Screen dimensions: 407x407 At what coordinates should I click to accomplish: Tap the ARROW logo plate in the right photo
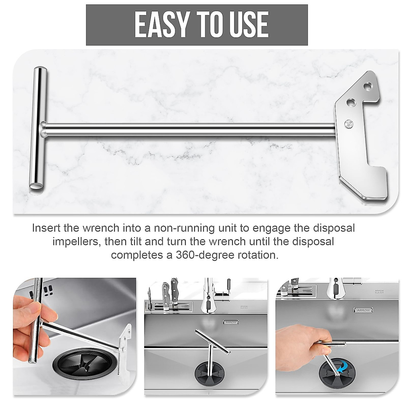[x=364, y=310]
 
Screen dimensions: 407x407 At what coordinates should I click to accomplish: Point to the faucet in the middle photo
[x=209, y=295]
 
